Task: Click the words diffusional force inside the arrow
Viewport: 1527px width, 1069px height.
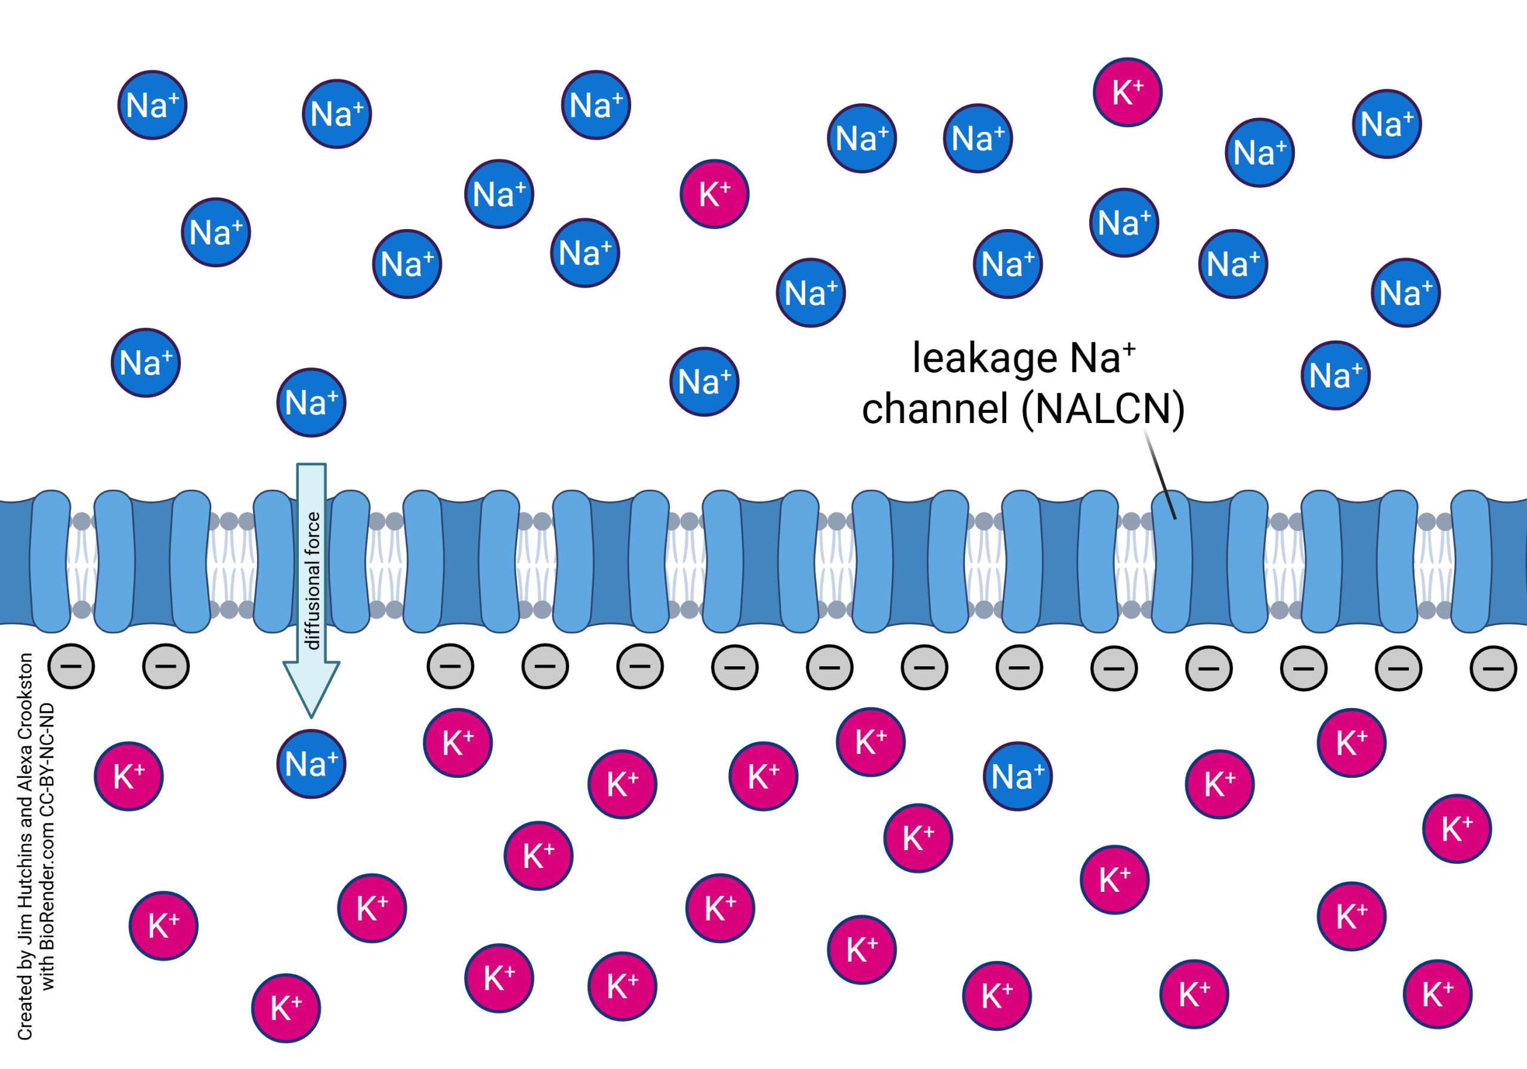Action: [x=312, y=580]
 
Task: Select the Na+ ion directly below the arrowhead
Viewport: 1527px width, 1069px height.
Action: [x=311, y=764]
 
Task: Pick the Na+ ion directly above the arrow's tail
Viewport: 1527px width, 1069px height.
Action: [x=311, y=403]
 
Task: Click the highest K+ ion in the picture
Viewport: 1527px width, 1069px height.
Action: [x=1127, y=92]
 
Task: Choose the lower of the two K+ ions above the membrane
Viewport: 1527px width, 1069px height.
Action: [x=714, y=194]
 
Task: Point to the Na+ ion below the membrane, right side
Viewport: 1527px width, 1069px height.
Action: [x=1017, y=776]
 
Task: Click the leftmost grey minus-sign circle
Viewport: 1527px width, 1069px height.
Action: [x=71, y=666]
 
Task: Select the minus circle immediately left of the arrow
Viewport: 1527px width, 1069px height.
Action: [x=166, y=666]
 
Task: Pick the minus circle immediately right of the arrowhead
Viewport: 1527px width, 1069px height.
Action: [x=450, y=666]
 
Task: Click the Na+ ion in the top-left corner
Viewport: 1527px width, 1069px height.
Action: [x=152, y=105]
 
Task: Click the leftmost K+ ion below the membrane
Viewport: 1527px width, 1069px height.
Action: [x=129, y=776]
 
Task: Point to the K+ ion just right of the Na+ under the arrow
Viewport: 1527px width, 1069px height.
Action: [x=458, y=742]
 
